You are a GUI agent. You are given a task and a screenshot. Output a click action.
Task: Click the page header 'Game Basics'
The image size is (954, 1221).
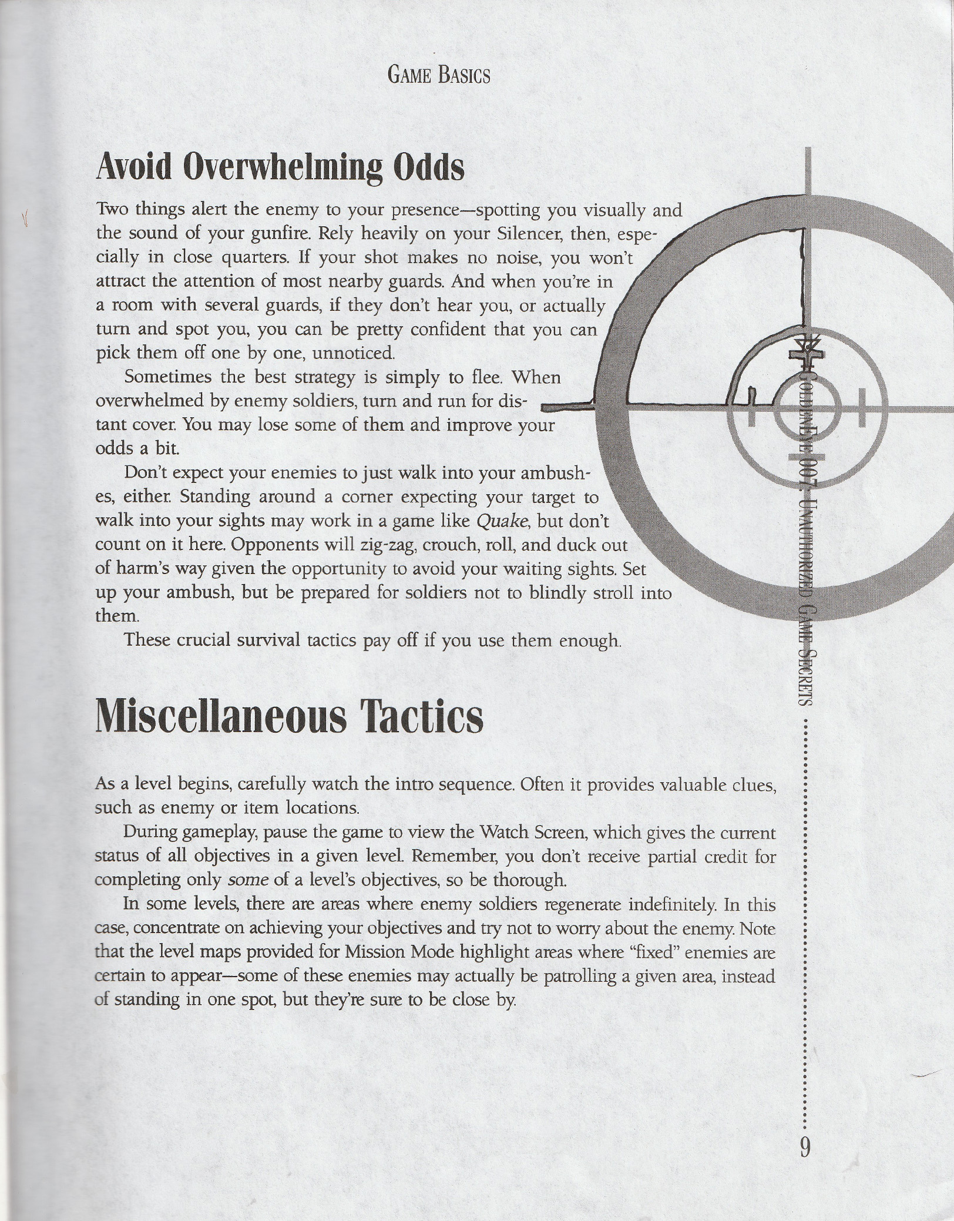click(439, 76)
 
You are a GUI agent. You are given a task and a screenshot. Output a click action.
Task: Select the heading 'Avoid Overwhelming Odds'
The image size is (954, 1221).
click(280, 168)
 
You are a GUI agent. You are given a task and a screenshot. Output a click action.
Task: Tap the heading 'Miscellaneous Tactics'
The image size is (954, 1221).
click(289, 717)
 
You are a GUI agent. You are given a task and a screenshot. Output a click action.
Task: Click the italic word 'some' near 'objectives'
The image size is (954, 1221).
click(243, 880)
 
